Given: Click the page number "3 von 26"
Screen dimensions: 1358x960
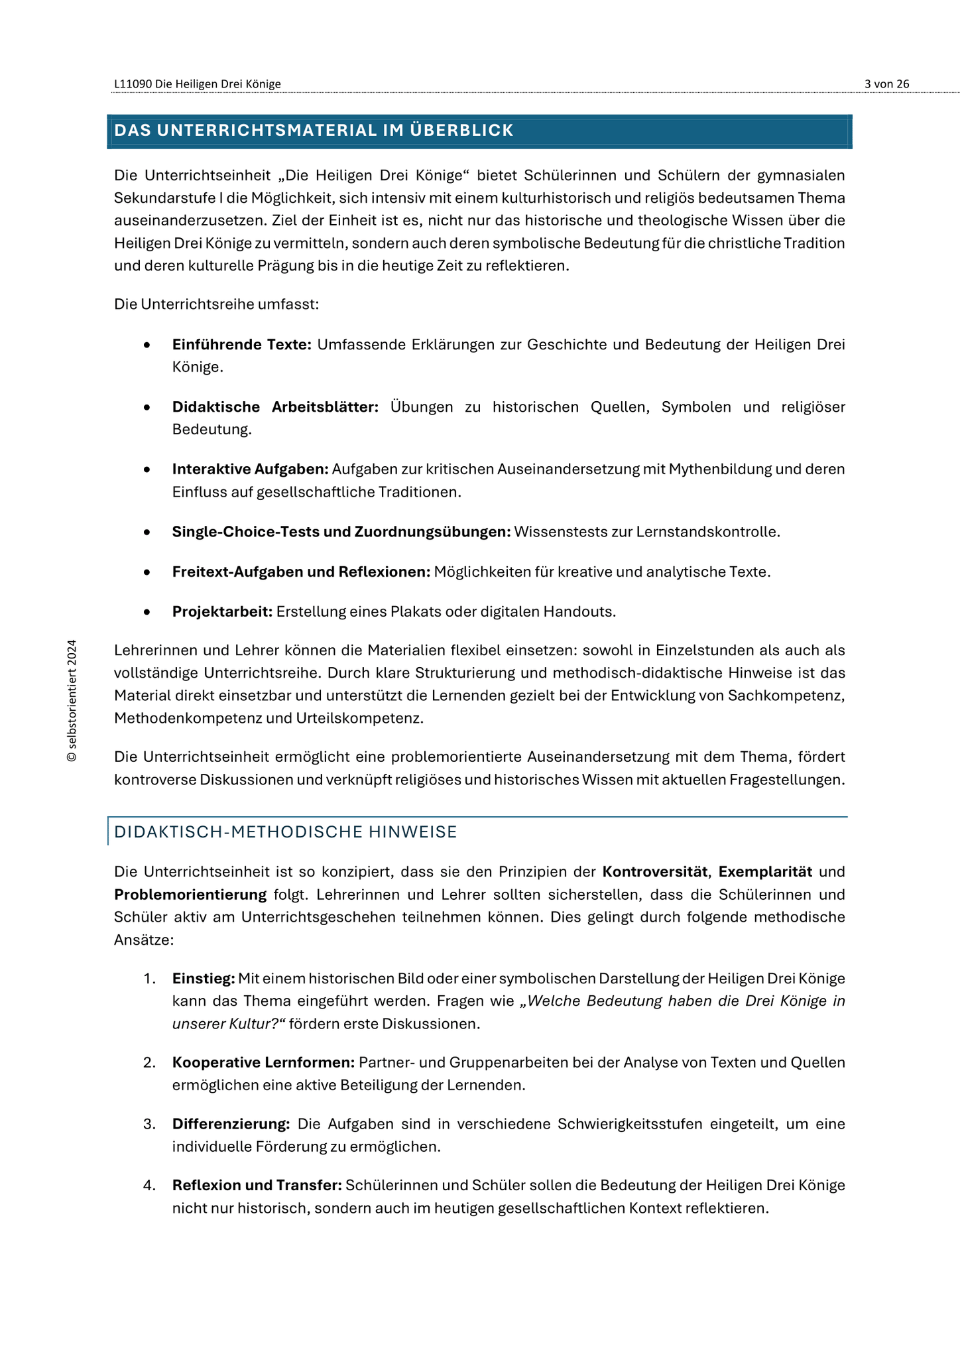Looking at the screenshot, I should tap(886, 84).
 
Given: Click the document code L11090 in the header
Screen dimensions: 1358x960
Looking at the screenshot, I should tap(133, 84).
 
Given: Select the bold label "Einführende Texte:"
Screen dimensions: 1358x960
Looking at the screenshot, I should tap(241, 344).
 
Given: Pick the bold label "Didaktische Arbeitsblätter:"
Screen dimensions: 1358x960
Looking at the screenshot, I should tap(275, 406).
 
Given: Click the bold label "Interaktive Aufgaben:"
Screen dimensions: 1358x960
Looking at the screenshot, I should tap(250, 469).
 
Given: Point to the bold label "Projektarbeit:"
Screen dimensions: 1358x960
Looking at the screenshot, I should tap(222, 611).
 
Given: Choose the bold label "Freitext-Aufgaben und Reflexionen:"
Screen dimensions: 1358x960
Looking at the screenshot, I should tap(301, 571).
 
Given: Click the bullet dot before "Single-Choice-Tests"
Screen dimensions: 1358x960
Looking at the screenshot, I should tap(147, 532).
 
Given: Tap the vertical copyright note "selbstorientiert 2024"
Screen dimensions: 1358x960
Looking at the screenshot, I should tap(72, 700).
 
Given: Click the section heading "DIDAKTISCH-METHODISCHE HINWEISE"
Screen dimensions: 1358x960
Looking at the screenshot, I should tap(286, 832).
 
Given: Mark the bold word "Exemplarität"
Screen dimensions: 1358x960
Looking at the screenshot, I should tap(765, 871).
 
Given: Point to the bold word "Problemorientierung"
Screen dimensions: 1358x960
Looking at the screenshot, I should tap(190, 894).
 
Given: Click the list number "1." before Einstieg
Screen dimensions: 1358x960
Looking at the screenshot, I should tap(149, 978).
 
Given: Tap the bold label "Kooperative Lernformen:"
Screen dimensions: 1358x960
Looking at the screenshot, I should tap(264, 1062).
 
